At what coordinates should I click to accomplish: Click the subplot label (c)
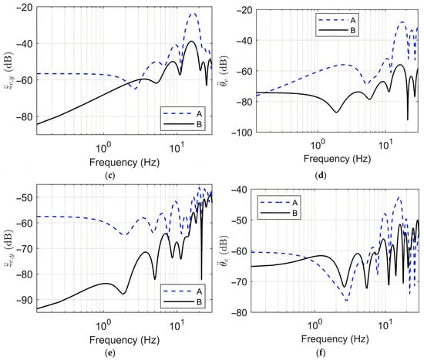pyautogui.click(x=109, y=176)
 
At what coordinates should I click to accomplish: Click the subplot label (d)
pyautogui.click(x=321, y=176)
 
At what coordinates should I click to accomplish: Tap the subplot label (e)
pyautogui.click(x=109, y=353)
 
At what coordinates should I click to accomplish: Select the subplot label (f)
pyautogui.click(x=321, y=353)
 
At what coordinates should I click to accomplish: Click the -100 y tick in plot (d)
pyautogui.click(x=242, y=133)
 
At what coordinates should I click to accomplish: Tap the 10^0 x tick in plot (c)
pyautogui.click(x=103, y=147)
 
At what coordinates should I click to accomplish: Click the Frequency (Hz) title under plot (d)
pyautogui.click(x=337, y=159)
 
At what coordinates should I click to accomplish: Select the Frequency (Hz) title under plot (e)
pyautogui.click(x=124, y=340)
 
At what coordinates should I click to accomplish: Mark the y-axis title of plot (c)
pyautogui.click(x=8, y=71)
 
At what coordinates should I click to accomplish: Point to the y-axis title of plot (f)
pyautogui.click(x=224, y=251)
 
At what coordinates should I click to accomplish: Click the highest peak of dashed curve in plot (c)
pyautogui.click(x=193, y=13)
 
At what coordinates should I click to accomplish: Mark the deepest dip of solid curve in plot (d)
pyautogui.click(x=408, y=119)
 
